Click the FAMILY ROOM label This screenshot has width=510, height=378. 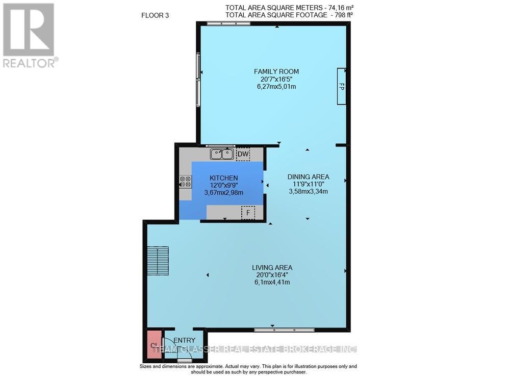click(x=277, y=71)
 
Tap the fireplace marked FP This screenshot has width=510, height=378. click(x=341, y=87)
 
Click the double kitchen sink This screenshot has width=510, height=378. click(x=222, y=154)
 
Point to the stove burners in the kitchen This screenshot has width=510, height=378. click(x=185, y=182)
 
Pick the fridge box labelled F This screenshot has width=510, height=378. click(x=248, y=212)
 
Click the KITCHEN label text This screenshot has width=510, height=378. click(x=224, y=178)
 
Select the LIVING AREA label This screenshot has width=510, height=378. click(x=272, y=267)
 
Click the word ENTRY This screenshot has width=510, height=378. click(x=184, y=340)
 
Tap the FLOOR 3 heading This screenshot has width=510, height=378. click(x=155, y=15)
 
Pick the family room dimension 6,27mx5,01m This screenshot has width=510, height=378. click(x=276, y=87)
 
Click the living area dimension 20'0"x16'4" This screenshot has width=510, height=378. click(x=272, y=275)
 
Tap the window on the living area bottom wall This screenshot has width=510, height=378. click(x=284, y=330)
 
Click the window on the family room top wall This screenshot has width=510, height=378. click(x=228, y=23)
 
